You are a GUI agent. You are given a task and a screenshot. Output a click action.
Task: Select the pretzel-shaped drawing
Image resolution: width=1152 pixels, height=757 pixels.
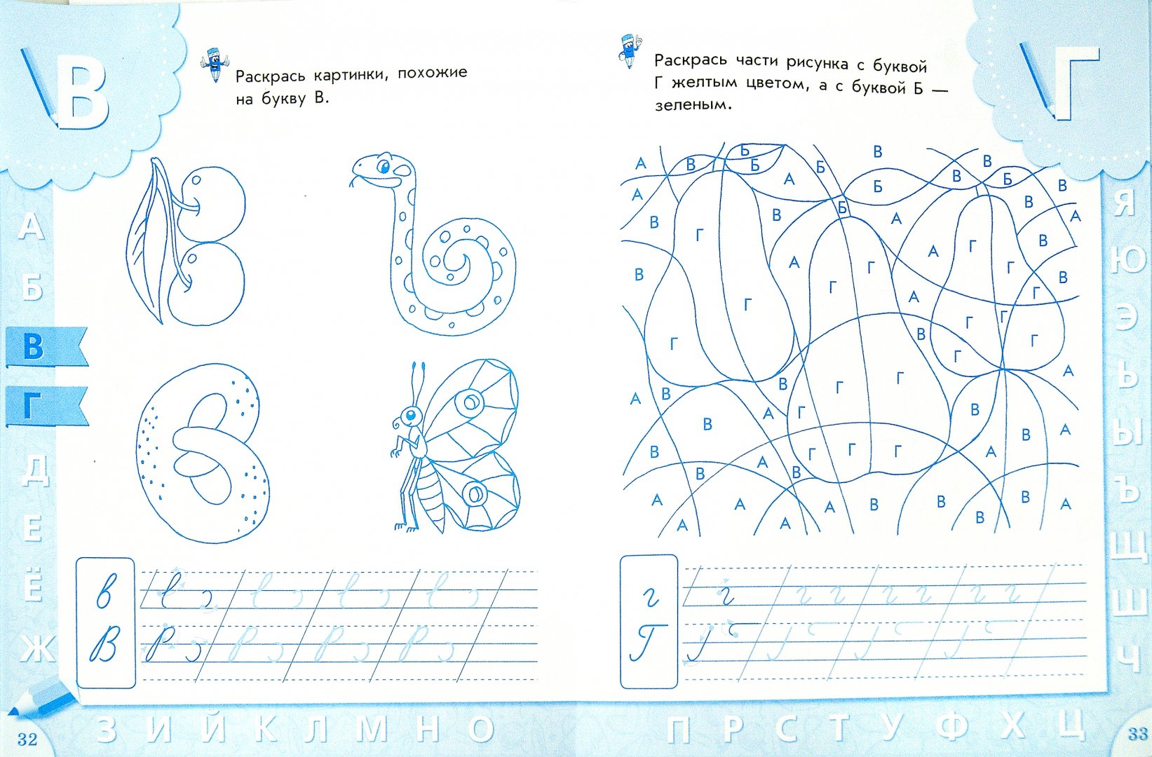click(x=203, y=453)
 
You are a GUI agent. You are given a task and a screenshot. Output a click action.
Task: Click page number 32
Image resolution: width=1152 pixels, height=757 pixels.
click(x=28, y=739)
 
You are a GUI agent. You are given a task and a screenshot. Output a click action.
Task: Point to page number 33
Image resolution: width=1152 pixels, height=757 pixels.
click(x=1137, y=734)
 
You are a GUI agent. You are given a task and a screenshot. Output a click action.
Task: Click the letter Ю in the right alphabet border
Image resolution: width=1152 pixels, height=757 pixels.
click(x=1126, y=260)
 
